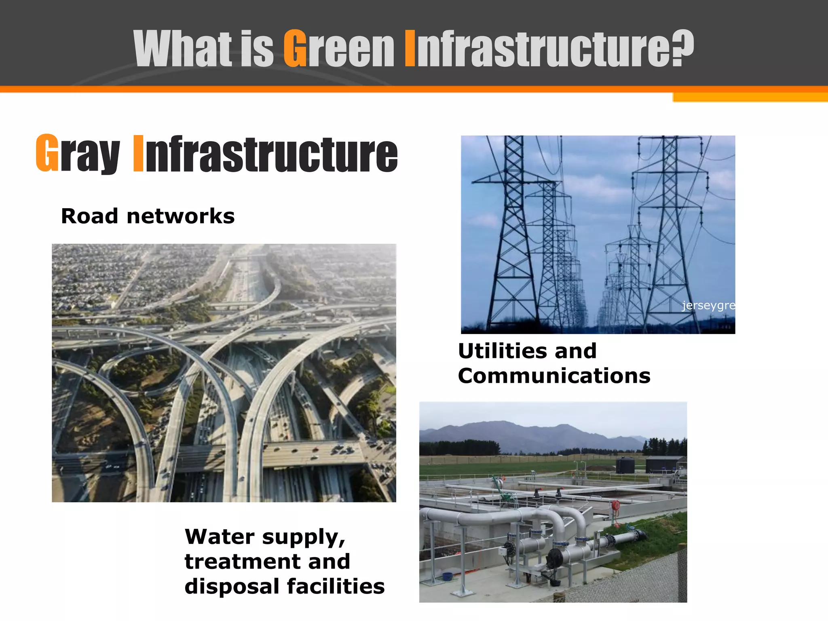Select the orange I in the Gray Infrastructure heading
coord(138,154)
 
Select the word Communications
coord(554,376)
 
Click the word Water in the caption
coord(220,537)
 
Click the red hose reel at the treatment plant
coord(615,505)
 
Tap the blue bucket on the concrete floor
coord(447,576)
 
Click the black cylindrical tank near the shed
coord(625,465)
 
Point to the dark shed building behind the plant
coord(663,464)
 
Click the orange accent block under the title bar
coord(750,97)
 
